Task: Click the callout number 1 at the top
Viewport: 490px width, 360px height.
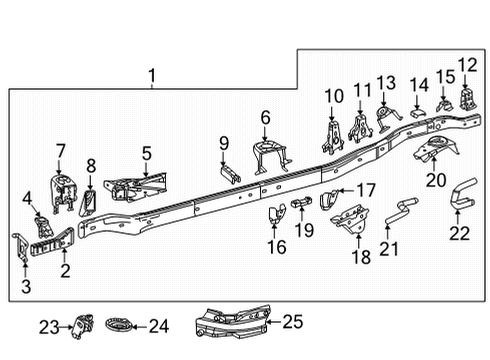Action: coord(152,75)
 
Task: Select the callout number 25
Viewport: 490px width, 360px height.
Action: coord(292,322)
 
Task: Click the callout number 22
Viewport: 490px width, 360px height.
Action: coord(459,233)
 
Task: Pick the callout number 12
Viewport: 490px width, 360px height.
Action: coord(467,65)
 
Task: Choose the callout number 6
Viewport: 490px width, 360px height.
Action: coord(266,118)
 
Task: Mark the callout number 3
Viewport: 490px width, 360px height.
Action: coord(25,288)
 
